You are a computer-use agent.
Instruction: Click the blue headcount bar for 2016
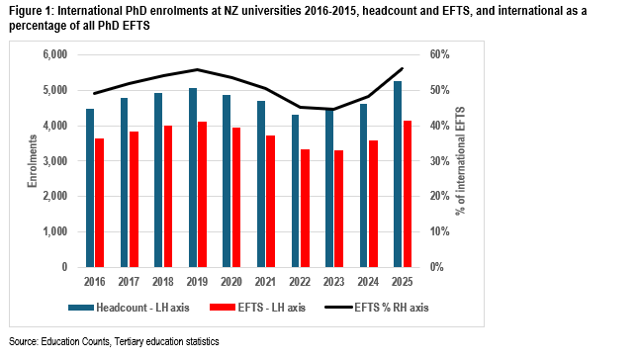pos(90,188)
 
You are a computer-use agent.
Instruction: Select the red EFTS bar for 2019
pos(202,194)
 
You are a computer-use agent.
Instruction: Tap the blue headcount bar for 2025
pos(398,174)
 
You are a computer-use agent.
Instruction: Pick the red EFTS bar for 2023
pos(339,209)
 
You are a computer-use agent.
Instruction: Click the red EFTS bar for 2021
pos(271,201)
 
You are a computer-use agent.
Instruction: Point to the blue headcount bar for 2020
pos(227,181)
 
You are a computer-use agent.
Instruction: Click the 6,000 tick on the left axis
pos(55,54)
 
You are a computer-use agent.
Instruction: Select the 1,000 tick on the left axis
pos(55,231)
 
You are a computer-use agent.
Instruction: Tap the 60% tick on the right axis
pos(440,54)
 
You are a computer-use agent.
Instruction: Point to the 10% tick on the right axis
pos(440,231)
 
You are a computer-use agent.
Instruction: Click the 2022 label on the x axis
pos(300,282)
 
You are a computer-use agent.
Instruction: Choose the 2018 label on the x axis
pos(163,282)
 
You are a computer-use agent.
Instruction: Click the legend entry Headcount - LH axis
pos(129,308)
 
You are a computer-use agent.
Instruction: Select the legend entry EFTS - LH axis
pos(257,308)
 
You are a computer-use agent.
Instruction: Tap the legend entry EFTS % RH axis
pos(377,308)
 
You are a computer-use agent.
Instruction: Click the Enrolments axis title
pos(33,161)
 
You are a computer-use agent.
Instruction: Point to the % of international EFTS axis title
pos(460,161)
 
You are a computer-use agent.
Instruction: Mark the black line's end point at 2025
pos(403,68)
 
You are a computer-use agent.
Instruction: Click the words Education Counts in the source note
pos(75,341)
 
